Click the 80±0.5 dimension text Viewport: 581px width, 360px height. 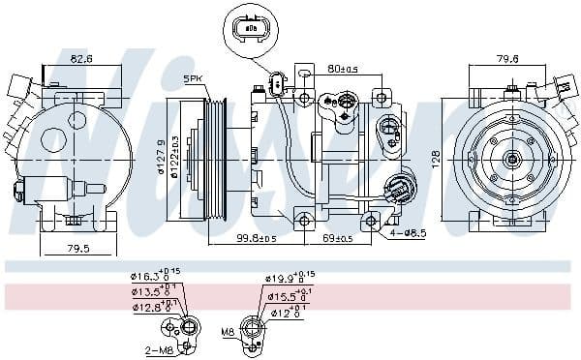point(343,69)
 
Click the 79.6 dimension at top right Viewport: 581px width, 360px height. point(507,59)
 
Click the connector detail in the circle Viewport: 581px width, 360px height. point(251,30)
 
